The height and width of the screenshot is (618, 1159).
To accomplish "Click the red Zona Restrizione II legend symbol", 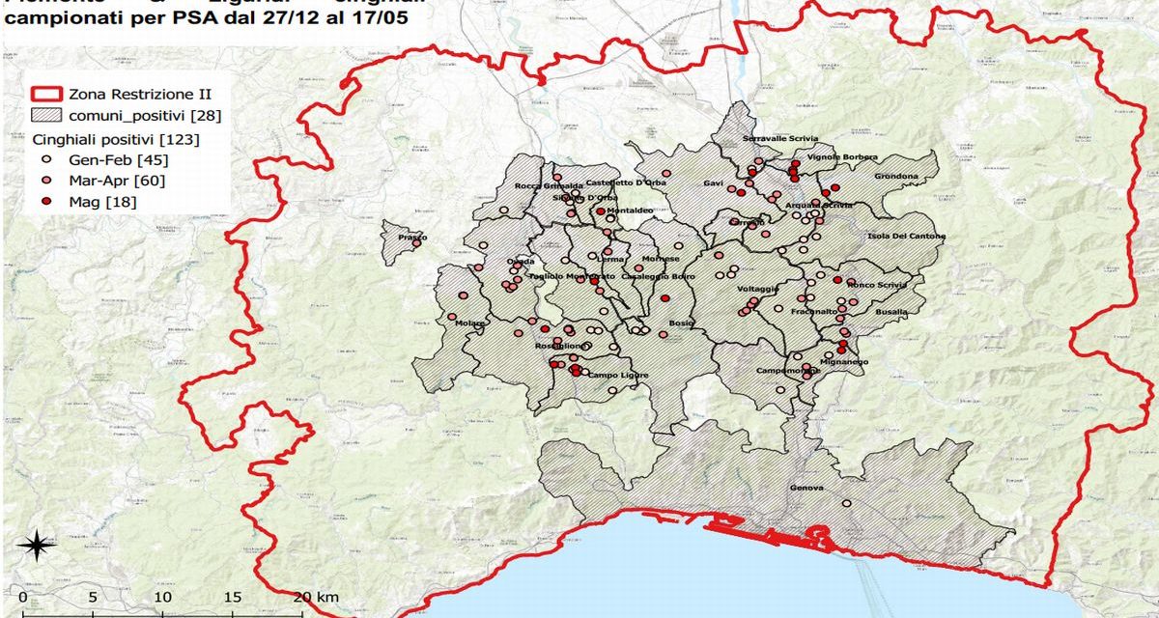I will coord(48,95).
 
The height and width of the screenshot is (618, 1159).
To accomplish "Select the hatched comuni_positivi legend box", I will coord(48,117).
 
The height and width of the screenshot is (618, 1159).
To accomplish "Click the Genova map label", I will coord(806,489).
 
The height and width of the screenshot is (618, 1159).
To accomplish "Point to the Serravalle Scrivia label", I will coord(779,139).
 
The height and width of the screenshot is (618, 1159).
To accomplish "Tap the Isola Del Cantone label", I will coord(907,237).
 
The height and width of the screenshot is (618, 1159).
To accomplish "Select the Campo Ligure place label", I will coord(618,375).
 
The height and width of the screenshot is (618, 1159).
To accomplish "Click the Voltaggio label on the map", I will coord(758,289).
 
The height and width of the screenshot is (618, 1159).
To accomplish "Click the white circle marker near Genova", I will coord(846,503).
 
